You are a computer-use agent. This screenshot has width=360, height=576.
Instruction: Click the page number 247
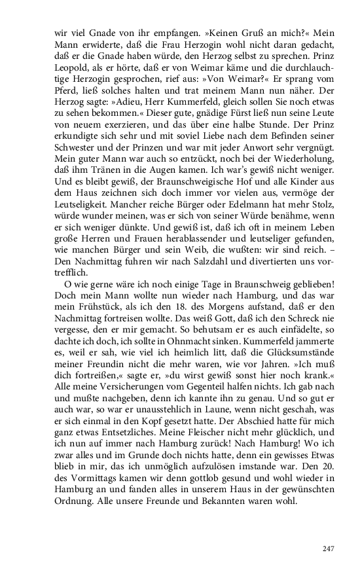pyautogui.click(x=329, y=530)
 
